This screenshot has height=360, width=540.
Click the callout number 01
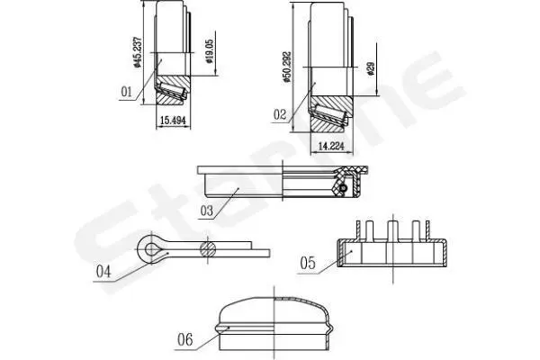pyautogui.click(x=126, y=92)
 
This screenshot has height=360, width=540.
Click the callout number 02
pyautogui.click(x=280, y=114)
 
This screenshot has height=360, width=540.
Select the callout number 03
pyautogui.click(x=207, y=211)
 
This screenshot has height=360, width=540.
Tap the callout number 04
pyautogui.click(x=103, y=272)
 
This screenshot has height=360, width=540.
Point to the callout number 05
pyautogui.click(x=308, y=263)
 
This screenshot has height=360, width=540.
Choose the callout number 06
pyautogui.click(x=185, y=340)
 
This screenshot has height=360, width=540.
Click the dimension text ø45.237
pyautogui.click(x=138, y=51)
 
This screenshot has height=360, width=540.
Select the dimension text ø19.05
pyautogui.click(x=210, y=51)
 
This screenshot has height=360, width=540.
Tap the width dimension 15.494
pyautogui.click(x=173, y=121)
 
